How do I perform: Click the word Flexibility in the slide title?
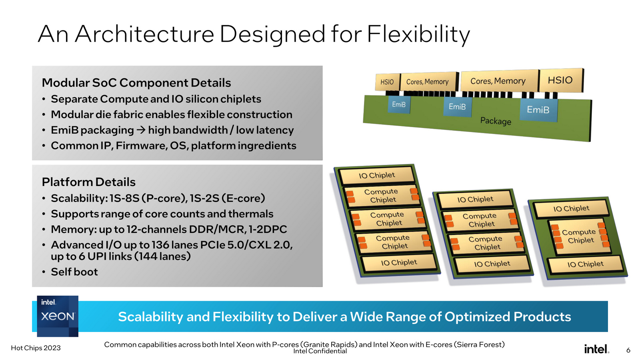pyautogui.click(x=418, y=34)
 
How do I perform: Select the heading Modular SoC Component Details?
pyautogui.click(x=136, y=83)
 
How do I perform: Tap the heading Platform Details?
pyautogui.click(x=89, y=182)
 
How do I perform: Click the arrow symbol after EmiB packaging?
pyautogui.click(x=141, y=130)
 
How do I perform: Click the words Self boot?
pyautogui.click(x=74, y=272)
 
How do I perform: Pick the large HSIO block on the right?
pyautogui.click(x=560, y=80)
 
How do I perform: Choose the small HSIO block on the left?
pyautogui.click(x=387, y=82)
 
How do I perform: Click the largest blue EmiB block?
pyautogui.click(x=538, y=110)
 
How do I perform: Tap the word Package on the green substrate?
pyautogui.click(x=496, y=121)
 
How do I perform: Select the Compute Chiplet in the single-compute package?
pyautogui.click(x=579, y=236)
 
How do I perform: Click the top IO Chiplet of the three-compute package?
pyautogui.click(x=376, y=175)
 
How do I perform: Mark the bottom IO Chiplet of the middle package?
pyautogui.click(x=492, y=264)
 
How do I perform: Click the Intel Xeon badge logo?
pyautogui.click(x=58, y=316)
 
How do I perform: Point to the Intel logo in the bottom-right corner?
pyautogui.click(x=596, y=349)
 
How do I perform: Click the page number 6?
pyautogui.click(x=628, y=350)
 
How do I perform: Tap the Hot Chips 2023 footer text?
pyautogui.click(x=36, y=348)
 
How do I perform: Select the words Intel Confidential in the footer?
pyautogui.click(x=320, y=351)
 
